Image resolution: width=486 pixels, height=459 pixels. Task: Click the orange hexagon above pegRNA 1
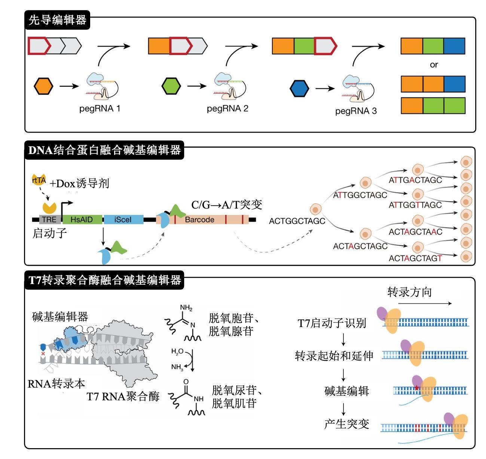click(x=43, y=86)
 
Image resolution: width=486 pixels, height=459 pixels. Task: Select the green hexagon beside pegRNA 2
click(x=171, y=86)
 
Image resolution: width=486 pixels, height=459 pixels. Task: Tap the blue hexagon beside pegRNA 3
click(x=299, y=89)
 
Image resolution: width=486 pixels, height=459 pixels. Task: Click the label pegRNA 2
click(x=227, y=109)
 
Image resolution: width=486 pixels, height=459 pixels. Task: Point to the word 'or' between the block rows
click(x=434, y=65)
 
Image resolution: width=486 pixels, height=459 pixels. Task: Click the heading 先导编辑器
click(x=57, y=20)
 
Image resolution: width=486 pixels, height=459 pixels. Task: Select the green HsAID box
click(x=82, y=219)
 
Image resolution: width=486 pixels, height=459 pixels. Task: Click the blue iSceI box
click(x=123, y=219)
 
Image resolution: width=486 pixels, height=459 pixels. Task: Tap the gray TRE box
click(x=49, y=219)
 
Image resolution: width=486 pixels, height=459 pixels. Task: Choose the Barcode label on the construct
click(x=199, y=220)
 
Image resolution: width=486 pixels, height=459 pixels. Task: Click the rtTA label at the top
click(x=39, y=181)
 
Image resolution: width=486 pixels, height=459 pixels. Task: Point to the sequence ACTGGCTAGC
click(x=297, y=221)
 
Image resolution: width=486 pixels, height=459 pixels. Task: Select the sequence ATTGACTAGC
click(x=415, y=180)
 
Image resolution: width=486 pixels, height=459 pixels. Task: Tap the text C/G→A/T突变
click(x=227, y=205)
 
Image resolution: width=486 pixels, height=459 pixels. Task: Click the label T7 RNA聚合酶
click(x=123, y=396)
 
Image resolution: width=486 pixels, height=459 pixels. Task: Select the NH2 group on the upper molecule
click(x=186, y=308)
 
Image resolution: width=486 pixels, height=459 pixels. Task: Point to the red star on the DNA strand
click(x=417, y=388)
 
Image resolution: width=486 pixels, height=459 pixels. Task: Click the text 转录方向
click(x=409, y=292)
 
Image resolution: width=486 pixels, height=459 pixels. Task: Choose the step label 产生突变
click(x=346, y=424)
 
